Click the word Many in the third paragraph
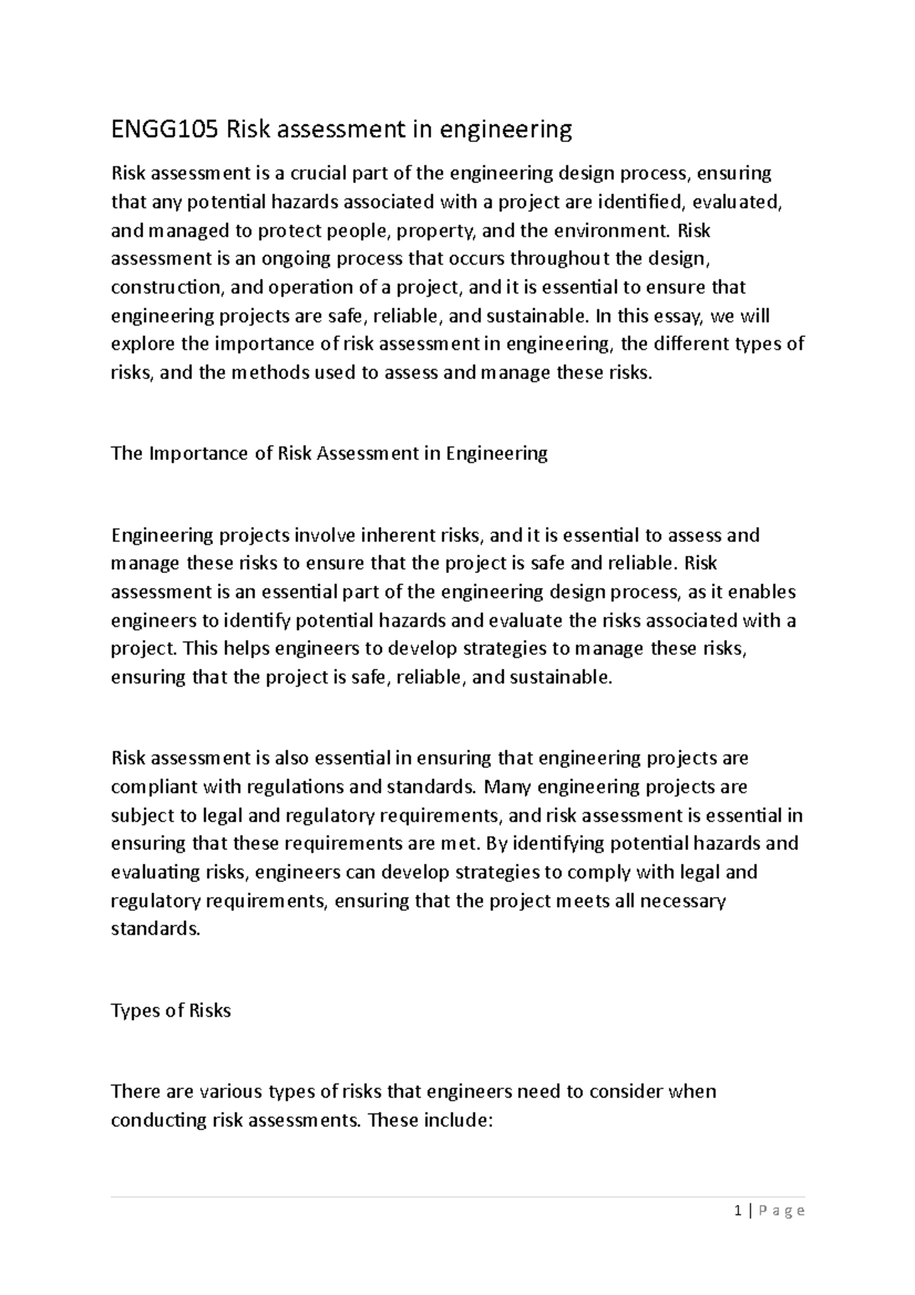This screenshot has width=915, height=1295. [x=508, y=787]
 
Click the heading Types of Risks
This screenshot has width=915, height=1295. [x=171, y=1011]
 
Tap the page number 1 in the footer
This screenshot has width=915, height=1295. [x=737, y=1210]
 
